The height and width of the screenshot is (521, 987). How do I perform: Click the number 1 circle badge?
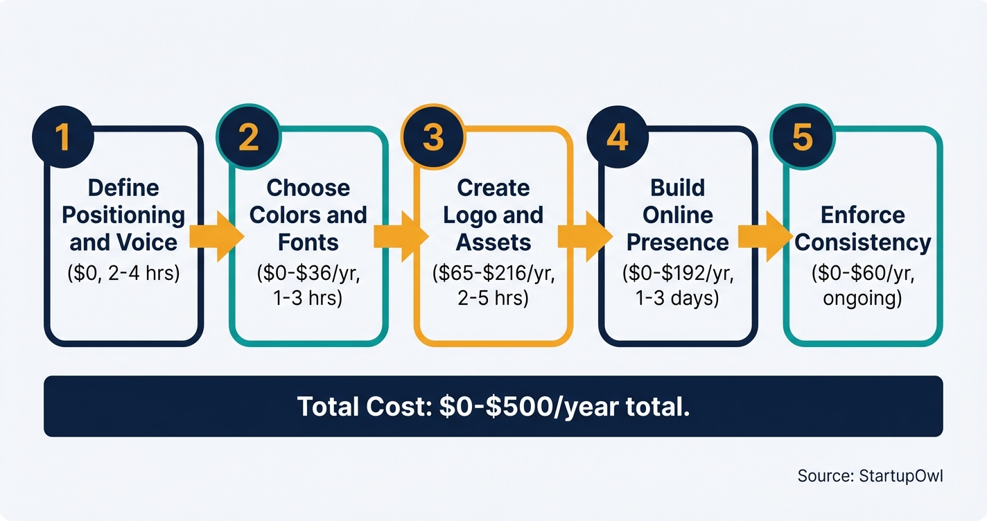[63, 136]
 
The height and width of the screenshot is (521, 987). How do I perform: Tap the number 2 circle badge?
[247, 136]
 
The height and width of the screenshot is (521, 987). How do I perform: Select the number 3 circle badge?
[433, 136]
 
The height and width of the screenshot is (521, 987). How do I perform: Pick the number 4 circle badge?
[617, 136]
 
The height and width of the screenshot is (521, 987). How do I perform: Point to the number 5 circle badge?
[802, 136]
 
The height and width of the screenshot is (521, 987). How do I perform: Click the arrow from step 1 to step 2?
[216, 236]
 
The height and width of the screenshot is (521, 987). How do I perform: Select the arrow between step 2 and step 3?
[401, 236]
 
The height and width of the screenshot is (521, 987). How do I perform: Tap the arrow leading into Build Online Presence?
[585, 236]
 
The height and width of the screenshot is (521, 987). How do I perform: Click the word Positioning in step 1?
[123, 215]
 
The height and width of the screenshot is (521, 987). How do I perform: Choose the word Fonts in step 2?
[308, 242]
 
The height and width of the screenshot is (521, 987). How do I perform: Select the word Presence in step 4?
[678, 242]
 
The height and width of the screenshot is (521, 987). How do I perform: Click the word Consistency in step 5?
[863, 242]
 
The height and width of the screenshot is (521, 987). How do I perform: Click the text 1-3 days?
[678, 299]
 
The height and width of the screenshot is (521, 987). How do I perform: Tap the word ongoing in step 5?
[863, 299]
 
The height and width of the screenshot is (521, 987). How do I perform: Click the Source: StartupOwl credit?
[870, 476]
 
